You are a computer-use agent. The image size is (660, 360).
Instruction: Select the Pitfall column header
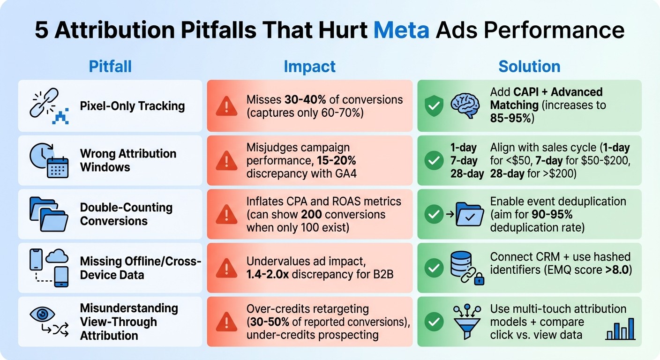(x=110, y=67)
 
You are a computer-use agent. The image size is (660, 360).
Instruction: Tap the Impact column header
(x=309, y=67)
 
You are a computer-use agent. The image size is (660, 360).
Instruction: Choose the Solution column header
(x=529, y=67)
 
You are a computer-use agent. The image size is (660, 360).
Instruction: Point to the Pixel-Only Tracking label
(x=132, y=106)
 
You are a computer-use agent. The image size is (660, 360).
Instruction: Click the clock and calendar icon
(x=49, y=160)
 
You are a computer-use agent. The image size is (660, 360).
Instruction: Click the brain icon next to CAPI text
(x=465, y=105)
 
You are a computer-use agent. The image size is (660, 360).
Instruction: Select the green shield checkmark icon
(x=434, y=106)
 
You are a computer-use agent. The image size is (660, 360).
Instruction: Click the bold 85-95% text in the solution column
(x=511, y=119)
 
